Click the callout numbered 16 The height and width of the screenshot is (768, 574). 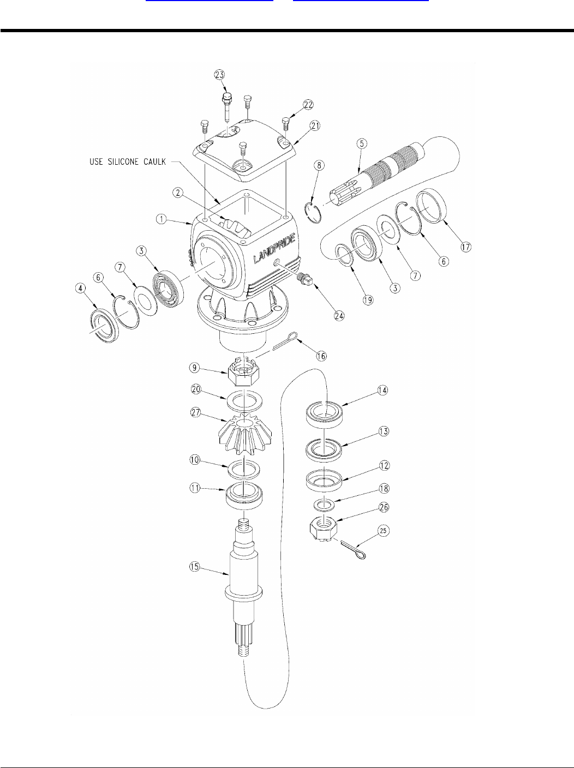[x=321, y=355]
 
